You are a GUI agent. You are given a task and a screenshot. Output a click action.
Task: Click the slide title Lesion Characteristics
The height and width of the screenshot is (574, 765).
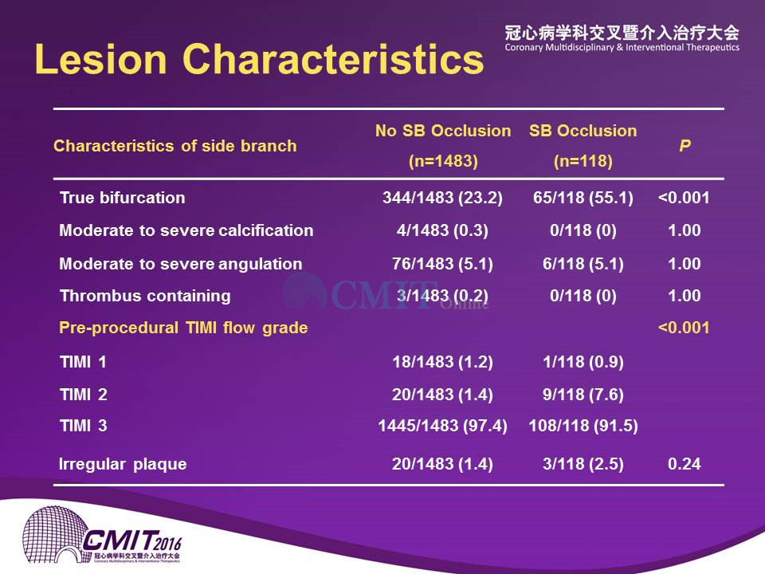click(x=259, y=60)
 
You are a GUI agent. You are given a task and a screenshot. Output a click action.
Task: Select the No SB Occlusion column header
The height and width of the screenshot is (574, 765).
click(x=443, y=131)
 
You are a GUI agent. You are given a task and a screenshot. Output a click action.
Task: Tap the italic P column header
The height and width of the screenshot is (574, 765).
click(x=685, y=145)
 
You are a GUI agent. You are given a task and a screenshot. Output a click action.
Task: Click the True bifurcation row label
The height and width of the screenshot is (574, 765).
click(x=123, y=198)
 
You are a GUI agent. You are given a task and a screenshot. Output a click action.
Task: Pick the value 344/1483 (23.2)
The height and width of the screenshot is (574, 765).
click(x=442, y=198)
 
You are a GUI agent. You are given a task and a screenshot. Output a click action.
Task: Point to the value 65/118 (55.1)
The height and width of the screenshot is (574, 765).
click(x=583, y=198)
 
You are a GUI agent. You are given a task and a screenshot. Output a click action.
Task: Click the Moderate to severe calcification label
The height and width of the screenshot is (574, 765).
click(x=186, y=230)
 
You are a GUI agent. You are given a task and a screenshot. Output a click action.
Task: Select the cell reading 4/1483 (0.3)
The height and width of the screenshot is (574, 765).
click(x=442, y=230)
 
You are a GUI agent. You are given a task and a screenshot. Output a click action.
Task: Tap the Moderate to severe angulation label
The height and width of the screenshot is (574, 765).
click(x=181, y=264)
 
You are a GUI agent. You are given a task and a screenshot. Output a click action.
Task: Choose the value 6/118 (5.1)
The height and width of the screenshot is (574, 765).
click(x=583, y=264)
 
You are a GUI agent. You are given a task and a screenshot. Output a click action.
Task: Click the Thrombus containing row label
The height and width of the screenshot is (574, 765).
click(x=145, y=296)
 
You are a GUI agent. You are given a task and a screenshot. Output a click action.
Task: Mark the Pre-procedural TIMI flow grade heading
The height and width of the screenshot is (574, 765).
click(x=183, y=328)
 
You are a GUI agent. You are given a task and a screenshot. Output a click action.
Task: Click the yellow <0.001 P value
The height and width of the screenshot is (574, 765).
click(x=684, y=328)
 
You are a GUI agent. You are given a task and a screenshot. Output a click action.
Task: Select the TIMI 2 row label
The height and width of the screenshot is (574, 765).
click(x=84, y=395)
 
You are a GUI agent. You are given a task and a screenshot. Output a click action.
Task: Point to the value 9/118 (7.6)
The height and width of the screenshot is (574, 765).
click(x=583, y=395)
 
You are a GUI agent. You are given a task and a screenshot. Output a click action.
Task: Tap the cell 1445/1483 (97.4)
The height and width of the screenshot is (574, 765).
click(x=442, y=426)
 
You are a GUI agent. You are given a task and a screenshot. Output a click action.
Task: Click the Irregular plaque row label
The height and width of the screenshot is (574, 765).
click(x=123, y=464)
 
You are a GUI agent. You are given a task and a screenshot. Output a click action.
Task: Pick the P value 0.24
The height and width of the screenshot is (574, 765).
click(x=685, y=464)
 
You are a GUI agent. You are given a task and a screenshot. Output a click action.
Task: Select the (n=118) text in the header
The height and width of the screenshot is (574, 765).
click(x=583, y=161)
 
